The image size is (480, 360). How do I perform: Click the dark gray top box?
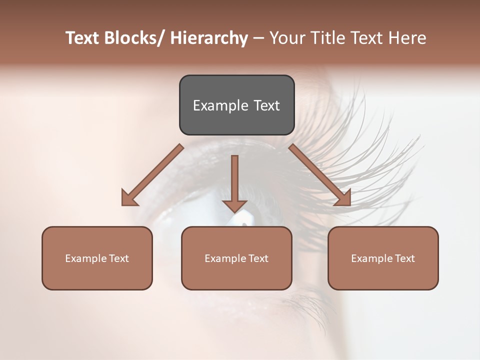pos(236,105)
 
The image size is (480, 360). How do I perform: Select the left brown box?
pos(97,258)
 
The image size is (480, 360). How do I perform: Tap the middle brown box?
pos(236,258)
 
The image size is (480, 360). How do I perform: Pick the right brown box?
pos(383,258)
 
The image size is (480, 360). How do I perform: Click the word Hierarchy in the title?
pos(208,38)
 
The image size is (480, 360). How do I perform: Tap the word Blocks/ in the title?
pos(133,38)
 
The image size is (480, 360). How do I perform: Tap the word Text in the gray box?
pos(266,105)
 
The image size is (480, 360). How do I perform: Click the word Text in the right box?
pos(404,258)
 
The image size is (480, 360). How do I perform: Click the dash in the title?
pos(258,38)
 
